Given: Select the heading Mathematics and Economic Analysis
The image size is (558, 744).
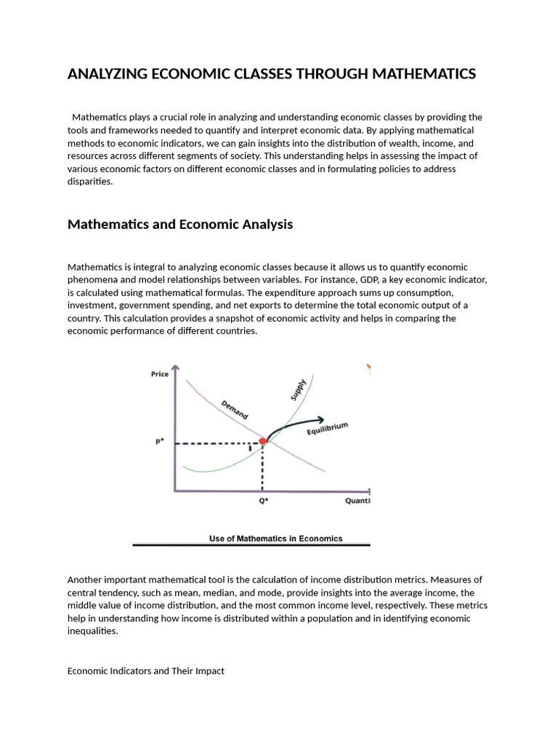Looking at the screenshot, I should (x=179, y=225).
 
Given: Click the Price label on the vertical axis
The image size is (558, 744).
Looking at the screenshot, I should (x=159, y=374).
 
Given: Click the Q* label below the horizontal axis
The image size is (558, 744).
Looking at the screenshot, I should (x=263, y=501).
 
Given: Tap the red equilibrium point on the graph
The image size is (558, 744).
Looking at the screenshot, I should (x=263, y=441).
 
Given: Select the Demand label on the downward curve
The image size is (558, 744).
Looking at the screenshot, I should (x=234, y=409).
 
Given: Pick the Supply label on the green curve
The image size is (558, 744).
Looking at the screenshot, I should (x=299, y=389).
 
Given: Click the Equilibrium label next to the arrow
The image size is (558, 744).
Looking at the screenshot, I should (x=328, y=429).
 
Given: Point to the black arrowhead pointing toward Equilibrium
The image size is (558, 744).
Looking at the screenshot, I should (x=320, y=419).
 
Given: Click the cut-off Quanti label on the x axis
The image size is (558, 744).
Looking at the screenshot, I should (x=357, y=501).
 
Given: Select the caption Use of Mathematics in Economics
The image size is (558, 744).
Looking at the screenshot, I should (x=275, y=538).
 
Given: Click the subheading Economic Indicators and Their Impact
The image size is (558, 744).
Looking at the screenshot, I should (x=145, y=671).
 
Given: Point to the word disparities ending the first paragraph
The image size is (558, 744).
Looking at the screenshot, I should (x=89, y=182).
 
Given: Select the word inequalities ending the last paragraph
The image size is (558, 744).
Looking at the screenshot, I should (x=92, y=631).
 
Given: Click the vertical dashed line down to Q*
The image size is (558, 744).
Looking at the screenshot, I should (x=263, y=469).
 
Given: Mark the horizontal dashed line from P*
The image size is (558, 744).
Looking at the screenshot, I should (x=218, y=442).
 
